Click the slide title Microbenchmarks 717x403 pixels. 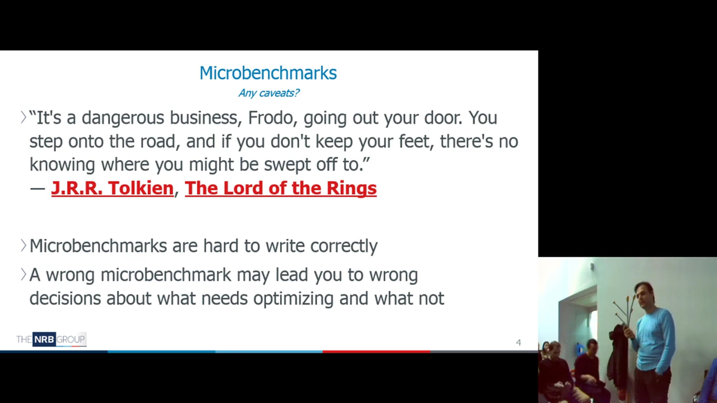[x=268, y=73]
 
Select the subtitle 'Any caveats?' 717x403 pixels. [x=269, y=93]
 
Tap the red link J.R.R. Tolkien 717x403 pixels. [x=112, y=188]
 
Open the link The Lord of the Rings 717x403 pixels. [x=281, y=188]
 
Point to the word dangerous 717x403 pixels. [x=123, y=118]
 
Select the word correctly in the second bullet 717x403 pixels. [x=344, y=247]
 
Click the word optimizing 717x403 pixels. [x=293, y=299]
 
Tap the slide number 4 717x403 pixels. [x=518, y=342]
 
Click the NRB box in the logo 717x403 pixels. [x=44, y=339]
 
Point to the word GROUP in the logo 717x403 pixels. [x=71, y=339]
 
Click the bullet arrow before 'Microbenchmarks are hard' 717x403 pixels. [x=23, y=245]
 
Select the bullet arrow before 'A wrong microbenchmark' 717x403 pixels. [x=23, y=274]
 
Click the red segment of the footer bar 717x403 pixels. [x=376, y=352]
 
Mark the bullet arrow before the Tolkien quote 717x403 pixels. [x=23, y=117]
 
